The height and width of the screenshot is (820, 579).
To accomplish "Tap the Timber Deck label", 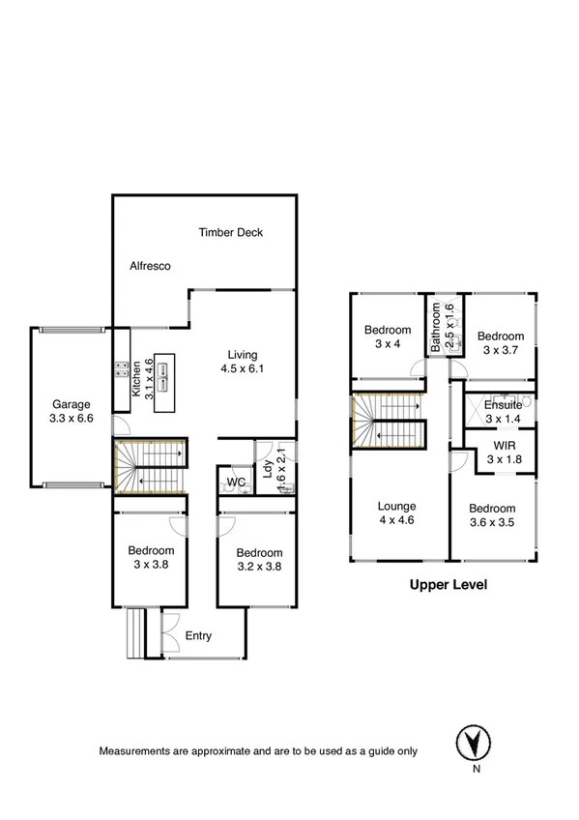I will click(x=231, y=232).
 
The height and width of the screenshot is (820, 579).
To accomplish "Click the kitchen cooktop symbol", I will click(x=123, y=369).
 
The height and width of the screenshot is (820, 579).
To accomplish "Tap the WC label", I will click(x=235, y=482).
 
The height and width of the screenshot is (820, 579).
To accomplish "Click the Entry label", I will click(x=198, y=635).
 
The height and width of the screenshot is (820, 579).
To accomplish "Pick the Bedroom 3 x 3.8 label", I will click(x=151, y=558).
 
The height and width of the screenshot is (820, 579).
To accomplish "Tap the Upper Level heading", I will click(x=448, y=584).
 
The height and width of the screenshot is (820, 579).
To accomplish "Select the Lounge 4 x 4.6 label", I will click(x=397, y=512).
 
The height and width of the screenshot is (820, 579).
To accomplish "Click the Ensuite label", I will click(x=503, y=405).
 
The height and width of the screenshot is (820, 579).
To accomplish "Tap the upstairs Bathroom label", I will click(x=436, y=326).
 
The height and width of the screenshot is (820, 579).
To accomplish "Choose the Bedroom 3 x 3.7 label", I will click(x=501, y=342).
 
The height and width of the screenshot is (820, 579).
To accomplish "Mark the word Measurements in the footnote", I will click(x=133, y=751).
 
